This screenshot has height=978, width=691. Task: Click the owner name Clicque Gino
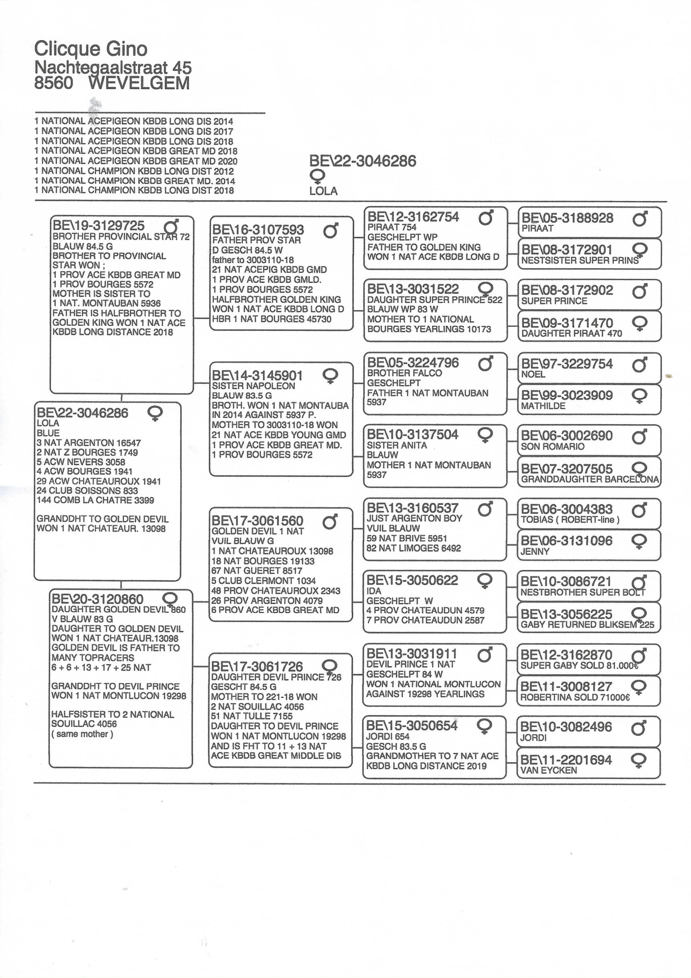point(91,49)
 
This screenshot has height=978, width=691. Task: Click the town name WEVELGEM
point(139,83)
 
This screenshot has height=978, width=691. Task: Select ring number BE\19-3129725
point(98,226)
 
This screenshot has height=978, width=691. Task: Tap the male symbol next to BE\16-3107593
point(331,230)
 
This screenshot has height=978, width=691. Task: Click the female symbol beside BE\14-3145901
point(330,376)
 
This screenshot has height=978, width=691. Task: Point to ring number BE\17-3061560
point(257,521)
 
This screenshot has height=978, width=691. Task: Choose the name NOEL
point(533,374)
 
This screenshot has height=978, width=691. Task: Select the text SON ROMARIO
point(552,447)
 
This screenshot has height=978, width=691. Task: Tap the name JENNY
point(535,551)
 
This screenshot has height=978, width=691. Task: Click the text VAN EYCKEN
point(548,770)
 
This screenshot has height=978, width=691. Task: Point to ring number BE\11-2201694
point(566,759)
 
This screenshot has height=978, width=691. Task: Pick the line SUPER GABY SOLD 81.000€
point(579,665)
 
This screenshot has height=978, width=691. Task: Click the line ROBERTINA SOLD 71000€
point(575,697)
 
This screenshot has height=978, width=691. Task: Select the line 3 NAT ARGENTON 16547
point(88,443)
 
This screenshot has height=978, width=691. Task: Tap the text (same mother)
point(82,734)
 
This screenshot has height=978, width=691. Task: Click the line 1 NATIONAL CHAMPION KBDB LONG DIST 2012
point(134,171)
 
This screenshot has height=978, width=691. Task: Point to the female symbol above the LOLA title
point(317,176)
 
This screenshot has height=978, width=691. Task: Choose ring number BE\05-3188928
point(567,218)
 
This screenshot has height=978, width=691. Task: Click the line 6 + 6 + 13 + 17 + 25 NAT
point(101,668)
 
